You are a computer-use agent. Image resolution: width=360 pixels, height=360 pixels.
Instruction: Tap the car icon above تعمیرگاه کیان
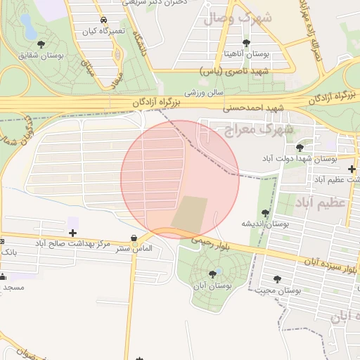[x=104, y=20]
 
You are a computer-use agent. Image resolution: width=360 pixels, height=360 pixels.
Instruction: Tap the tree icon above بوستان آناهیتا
[x=245, y=43]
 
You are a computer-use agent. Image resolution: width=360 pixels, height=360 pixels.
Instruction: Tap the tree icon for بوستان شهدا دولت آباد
[x=300, y=148]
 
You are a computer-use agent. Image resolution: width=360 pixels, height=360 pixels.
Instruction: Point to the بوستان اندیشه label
[x=266, y=223]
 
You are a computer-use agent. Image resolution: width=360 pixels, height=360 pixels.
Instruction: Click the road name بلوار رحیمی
[x=210, y=243]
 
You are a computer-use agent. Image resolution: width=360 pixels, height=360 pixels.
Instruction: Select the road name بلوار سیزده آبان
[x=330, y=265]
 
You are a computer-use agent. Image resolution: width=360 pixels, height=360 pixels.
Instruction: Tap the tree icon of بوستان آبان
[x=212, y=274]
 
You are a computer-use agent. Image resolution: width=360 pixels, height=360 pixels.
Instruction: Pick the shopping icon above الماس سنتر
[x=134, y=238]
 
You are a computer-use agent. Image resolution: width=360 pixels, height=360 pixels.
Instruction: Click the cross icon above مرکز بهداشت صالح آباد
[x=72, y=232]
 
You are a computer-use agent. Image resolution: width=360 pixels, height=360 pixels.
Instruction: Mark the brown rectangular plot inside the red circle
[x=190, y=214]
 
